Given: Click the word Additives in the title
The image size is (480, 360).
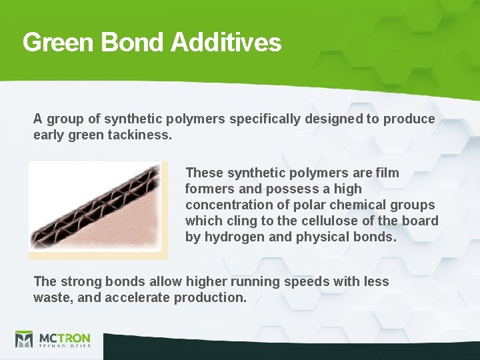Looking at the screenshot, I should click(226, 43).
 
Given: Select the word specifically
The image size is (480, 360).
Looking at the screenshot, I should click(265, 119).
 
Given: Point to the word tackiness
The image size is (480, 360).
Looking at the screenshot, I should click(139, 135).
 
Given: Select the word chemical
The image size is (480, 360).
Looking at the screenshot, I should click(355, 205).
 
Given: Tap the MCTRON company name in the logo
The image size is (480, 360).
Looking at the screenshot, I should click(64, 338).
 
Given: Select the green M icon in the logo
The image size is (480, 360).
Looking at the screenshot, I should click(24, 340).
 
